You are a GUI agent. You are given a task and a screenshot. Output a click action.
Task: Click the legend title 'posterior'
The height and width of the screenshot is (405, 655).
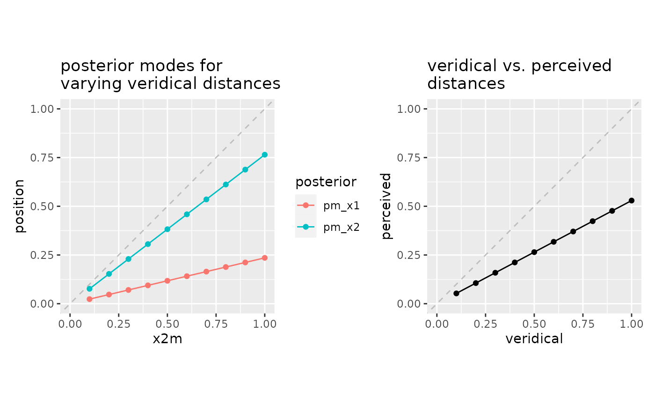click(x=326, y=182)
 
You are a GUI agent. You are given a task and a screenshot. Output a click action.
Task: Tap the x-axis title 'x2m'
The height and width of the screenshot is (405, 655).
click(x=167, y=339)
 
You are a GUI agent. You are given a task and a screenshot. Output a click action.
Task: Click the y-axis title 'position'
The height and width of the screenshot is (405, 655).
click(x=19, y=206)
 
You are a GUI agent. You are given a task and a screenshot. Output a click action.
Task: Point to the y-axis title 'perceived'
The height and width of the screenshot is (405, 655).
click(x=386, y=206)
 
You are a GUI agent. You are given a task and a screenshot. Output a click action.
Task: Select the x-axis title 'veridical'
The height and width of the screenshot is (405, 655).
click(x=534, y=339)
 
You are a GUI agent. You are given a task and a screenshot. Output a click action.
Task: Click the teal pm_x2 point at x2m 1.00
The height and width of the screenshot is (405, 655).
click(x=265, y=155)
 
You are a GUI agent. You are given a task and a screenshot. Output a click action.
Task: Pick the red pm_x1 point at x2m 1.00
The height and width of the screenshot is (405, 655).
click(x=265, y=258)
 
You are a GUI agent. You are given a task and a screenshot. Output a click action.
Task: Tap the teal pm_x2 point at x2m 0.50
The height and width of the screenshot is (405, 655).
click(x=167, y=229)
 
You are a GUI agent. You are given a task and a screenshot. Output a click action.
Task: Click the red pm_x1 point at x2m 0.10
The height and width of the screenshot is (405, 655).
click(x=89, y=299)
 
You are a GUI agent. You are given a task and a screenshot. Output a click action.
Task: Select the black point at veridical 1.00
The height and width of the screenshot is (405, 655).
click(x=632, y=200)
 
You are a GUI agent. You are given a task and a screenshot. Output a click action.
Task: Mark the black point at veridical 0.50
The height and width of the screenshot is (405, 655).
click(x=534, y=252)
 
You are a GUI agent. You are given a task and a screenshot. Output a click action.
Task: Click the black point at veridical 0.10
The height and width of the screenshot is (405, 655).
click(x=456, y=294)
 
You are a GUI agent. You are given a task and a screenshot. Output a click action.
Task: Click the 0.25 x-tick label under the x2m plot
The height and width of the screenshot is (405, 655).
click(x=118, y=324)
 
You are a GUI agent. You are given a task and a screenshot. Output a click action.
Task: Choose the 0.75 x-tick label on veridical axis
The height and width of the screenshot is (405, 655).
click(x=582, y=324)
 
